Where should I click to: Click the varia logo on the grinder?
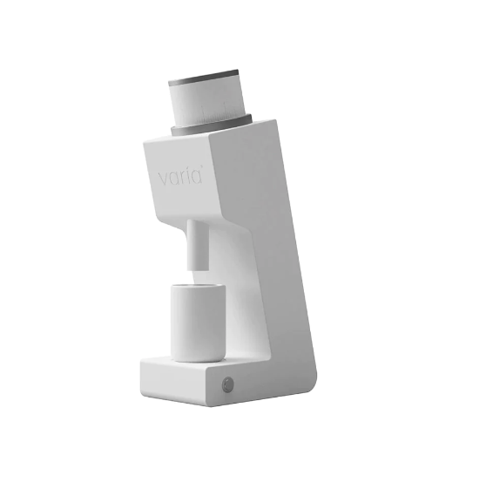tap(180, 177)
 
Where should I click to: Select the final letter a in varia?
tap(196, 177)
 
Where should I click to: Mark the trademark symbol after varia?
tap(203, 171)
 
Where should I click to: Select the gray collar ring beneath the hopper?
tap(212, 122)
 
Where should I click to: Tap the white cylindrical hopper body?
tap(207, 100)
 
